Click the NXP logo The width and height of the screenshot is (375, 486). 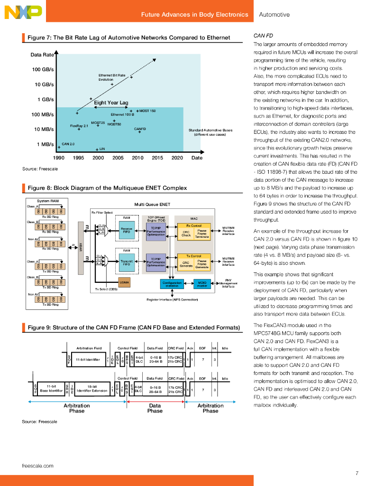click(x=23, y=12)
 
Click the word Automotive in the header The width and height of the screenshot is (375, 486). click(x=274, y=15)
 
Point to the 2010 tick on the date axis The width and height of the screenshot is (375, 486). click(x=137, y=158)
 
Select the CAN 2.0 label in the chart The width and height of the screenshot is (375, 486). click(x=69, y=143)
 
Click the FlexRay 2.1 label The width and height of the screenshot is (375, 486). click(x=79, y=126)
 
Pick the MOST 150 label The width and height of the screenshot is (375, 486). click(x=147, y=111)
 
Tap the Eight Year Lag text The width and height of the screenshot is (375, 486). click(x=111, y=103)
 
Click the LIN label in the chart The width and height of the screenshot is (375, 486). click(x=102, y=149)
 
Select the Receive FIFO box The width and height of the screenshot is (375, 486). click(x=127, y=230)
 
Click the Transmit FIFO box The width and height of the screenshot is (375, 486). click(x=127, y=262)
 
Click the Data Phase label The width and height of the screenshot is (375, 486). click(x=155, y=408)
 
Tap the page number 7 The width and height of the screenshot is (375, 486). click(x=357, y=473)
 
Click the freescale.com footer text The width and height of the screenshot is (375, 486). click(x=37, y=466)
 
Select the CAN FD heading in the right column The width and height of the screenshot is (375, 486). click(x=262, y=36)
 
